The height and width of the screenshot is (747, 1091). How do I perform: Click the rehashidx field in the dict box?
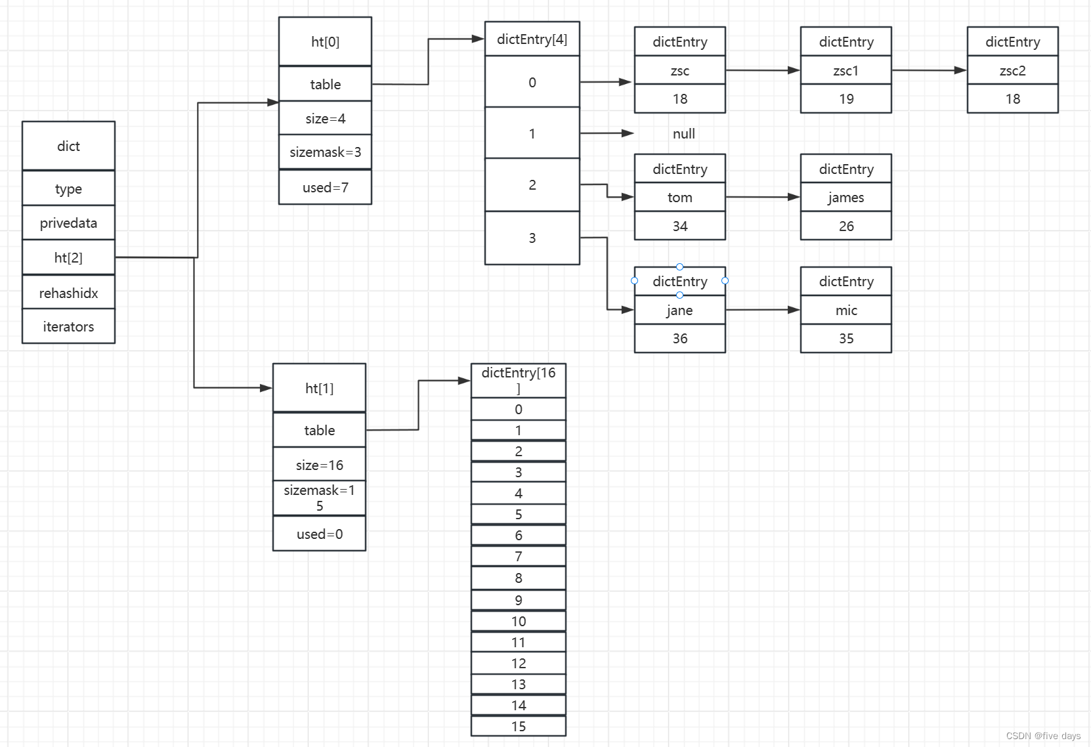pyautogui.click(x=68, y=293)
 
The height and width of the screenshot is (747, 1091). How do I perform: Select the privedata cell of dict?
pyautogui.click(x=68, y=223)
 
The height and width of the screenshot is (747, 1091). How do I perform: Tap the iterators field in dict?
pyautogui.click(x=68, y=326)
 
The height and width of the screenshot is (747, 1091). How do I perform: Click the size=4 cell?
pyautogui.click(x=325, y=118)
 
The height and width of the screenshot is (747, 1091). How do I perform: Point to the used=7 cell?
pyautogui.click(x=325, y=187)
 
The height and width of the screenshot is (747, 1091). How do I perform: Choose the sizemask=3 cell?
pyautogui.click(x=325, y=152)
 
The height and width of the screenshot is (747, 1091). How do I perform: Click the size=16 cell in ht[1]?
pyautogui.click(x=319, y=465)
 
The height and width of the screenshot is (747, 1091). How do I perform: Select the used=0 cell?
pyautogui.click(x=319, y=534)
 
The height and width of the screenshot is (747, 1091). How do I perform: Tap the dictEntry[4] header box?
pyautogui.click(x=532, y=39)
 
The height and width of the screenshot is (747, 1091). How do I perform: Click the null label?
pyautogui.click(x=683, y=133)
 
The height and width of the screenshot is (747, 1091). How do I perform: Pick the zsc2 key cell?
pyautogui.click(x=1013, y=71)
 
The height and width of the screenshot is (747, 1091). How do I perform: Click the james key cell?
pyautogui.click(x=846, y=197)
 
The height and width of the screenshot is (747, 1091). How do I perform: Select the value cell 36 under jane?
pyautogui.click(x=680, y=339)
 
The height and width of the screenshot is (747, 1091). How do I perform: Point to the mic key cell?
pyautogui.click(x=846, y=310)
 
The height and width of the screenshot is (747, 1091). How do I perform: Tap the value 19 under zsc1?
pyautogui.click(x=846, y=99)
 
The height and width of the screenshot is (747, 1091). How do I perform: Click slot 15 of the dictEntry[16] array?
pyautogui.click(x=518, y=726)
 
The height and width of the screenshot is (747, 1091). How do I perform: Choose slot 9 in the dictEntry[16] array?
pyautogui.click(x=518, y=600)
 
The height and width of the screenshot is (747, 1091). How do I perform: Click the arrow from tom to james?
pyautogui.click(x=763, y=197)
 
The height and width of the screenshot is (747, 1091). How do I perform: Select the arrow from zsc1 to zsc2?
pyautogui.click(x=930, y=71)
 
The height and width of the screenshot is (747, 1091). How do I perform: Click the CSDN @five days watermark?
pyautogui.click(x=1043, y=736)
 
